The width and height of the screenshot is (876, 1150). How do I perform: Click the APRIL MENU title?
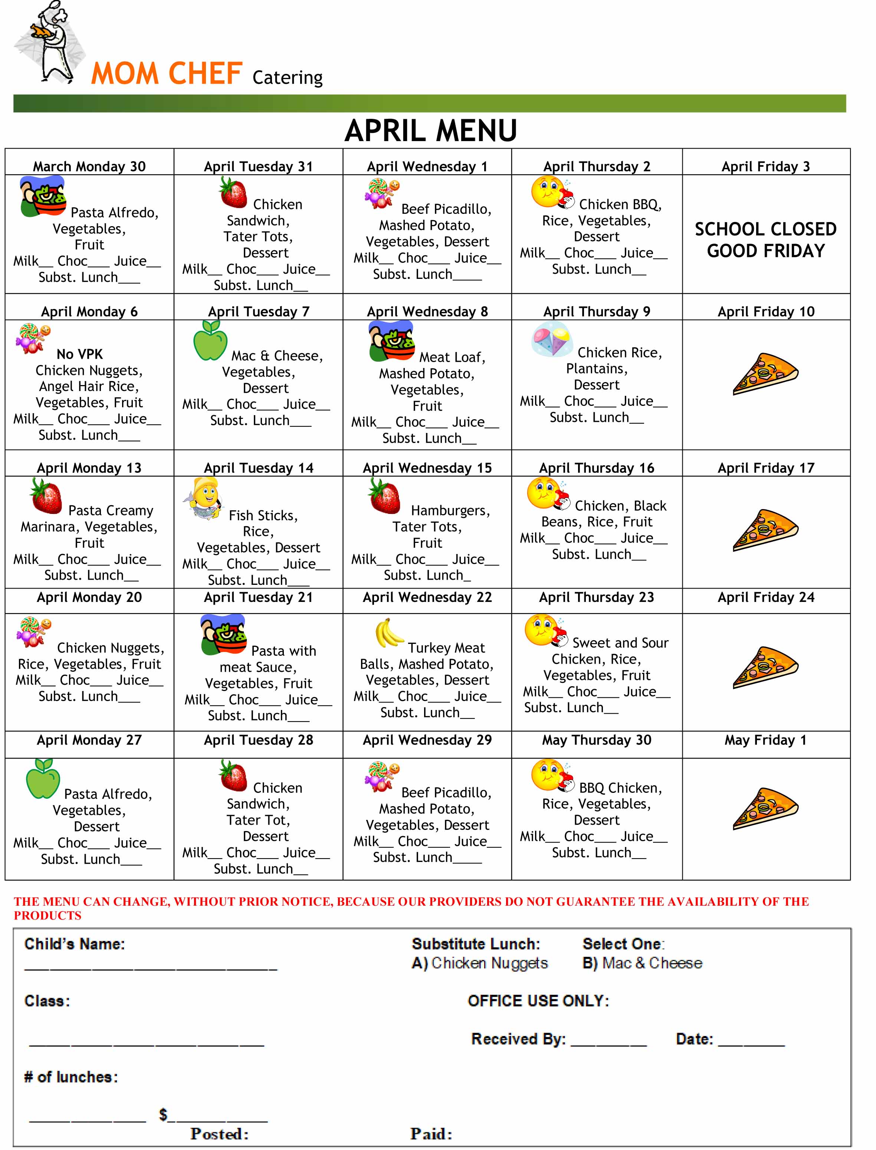(x=431, y=130)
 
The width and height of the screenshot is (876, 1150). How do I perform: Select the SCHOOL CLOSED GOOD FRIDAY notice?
(x=765, y=240)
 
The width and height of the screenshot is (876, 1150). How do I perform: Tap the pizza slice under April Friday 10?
(x=765, y=374)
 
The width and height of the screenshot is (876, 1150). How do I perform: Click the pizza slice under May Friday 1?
(x=765, y=808)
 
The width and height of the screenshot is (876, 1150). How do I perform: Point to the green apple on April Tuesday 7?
(x=210, y=340)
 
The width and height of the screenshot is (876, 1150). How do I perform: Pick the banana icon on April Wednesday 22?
(x=388, y=632)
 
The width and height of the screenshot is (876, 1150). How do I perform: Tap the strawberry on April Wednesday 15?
(x=384, y=496)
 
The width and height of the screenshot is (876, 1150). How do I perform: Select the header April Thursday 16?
(x=597, y=468)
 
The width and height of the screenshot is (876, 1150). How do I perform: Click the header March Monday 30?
(x=89, y=166)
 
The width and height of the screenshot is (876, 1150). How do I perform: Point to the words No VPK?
(x=79, y=354)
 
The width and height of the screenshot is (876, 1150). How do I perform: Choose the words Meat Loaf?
(x=452, y=358)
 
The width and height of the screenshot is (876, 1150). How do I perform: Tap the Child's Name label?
(x=75, y=944)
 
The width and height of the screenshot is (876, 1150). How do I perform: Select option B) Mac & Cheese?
(x=642, y=963)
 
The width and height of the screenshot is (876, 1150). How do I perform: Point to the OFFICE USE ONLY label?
(x=538, y=1001)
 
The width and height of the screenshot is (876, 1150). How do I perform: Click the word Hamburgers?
(x=450, y=511)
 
